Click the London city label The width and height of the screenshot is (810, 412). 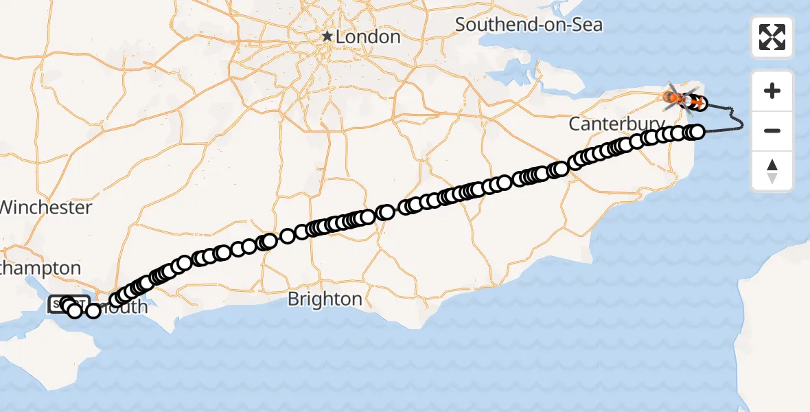[367, 36]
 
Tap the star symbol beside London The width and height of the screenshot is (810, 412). [327, 36]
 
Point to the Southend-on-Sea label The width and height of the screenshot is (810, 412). [529, 25]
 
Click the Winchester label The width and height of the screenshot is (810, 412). [46, 207]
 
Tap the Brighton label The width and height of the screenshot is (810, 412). [325, 299]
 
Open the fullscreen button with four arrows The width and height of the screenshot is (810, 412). [772, 37]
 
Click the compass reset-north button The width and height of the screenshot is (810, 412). [772, 171]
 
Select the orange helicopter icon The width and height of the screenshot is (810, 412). [679, 97]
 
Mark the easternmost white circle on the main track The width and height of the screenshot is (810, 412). [697, 132]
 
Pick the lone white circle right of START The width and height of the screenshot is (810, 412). [93, 311]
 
